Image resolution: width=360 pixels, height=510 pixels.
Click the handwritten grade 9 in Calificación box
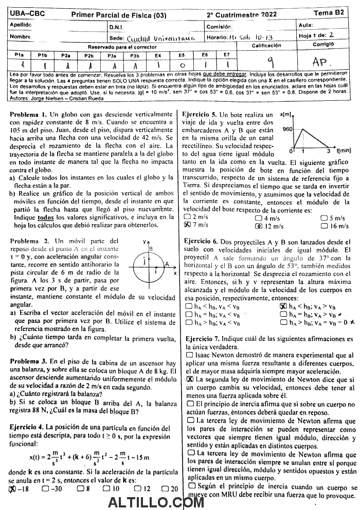click(x=269, y=61)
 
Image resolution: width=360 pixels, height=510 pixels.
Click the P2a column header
click(x=66, y=54)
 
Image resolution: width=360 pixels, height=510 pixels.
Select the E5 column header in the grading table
click(x=181, y=54)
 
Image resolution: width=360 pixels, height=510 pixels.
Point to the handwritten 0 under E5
click(x=182, y=65)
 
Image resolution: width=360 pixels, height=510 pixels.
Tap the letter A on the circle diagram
click(x=167, y=263)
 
